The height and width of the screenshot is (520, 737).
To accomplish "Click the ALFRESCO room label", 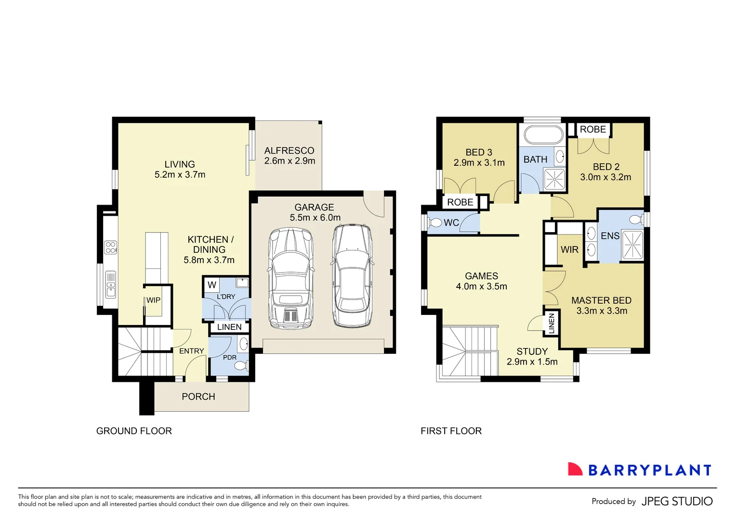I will point(289,151).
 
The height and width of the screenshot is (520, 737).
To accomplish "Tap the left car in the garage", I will point(290,278).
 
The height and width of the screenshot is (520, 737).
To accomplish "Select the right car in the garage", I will point(352,276).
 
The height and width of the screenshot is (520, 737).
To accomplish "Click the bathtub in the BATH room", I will point(543,135).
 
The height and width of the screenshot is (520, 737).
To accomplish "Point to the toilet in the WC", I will point(435,223).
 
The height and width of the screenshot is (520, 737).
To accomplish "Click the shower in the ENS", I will point(632,245).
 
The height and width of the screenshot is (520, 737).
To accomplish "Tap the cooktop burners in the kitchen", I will point(111,247).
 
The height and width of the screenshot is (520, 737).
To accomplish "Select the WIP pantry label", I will point(153,300).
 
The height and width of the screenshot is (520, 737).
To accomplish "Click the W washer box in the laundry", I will point(212,285).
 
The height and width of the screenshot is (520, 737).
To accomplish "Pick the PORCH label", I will point(198,397).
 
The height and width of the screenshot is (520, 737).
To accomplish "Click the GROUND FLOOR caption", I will point(134,431).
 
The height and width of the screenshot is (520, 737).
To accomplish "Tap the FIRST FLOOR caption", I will point(451,431).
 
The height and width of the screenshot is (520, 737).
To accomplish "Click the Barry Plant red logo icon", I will point(575,469).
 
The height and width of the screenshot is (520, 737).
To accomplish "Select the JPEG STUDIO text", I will point(677,501).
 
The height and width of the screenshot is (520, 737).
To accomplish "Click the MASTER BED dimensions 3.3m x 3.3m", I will point(602,311).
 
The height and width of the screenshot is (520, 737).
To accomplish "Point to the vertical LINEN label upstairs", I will point(552,323).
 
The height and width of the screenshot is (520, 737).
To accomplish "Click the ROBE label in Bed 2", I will point(592,130).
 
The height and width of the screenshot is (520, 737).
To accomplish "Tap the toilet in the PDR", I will point(239,366).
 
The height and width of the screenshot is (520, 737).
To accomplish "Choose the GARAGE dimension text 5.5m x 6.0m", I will point(315,218).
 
